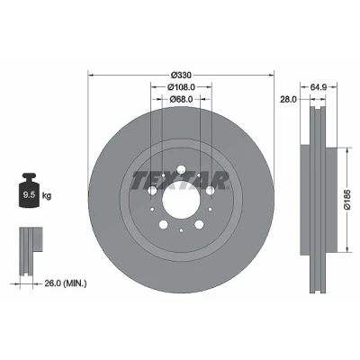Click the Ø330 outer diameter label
181,75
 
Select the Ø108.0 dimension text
181,87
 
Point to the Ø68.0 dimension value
181,99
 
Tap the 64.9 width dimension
319,87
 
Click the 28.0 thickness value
288,99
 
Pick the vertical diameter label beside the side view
347,200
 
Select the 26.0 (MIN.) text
66,283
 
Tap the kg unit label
47,196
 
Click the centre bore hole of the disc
181,201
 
